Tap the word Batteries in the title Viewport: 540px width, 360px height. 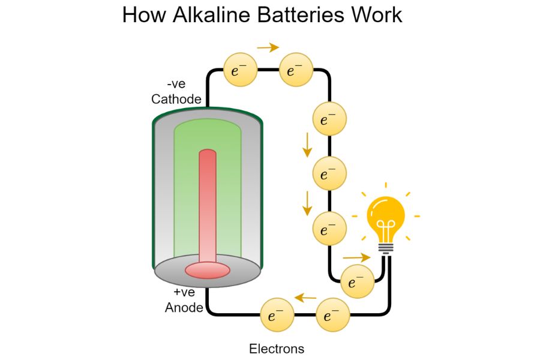pyautogui.click(x=306, y=15)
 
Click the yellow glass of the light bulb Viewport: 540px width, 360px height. pyautogui.click(x=385, y=213)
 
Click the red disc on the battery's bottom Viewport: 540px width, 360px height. pyautogui.click(x=207, y=271)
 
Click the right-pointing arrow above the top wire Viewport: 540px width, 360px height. pyautogui.click(x=268, y=47)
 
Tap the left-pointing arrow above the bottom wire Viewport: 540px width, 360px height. pyautogui.click(x=306, y=297)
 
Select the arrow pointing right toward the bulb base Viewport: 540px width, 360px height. pyautogui.click(x=356, y=257)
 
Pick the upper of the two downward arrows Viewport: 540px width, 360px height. pyautogui.click(x=307, y=145)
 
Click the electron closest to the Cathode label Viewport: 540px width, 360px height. pyautogui.click(x=240, y=70)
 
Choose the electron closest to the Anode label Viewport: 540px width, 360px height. pyautogui.click(x=277, y=316)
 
